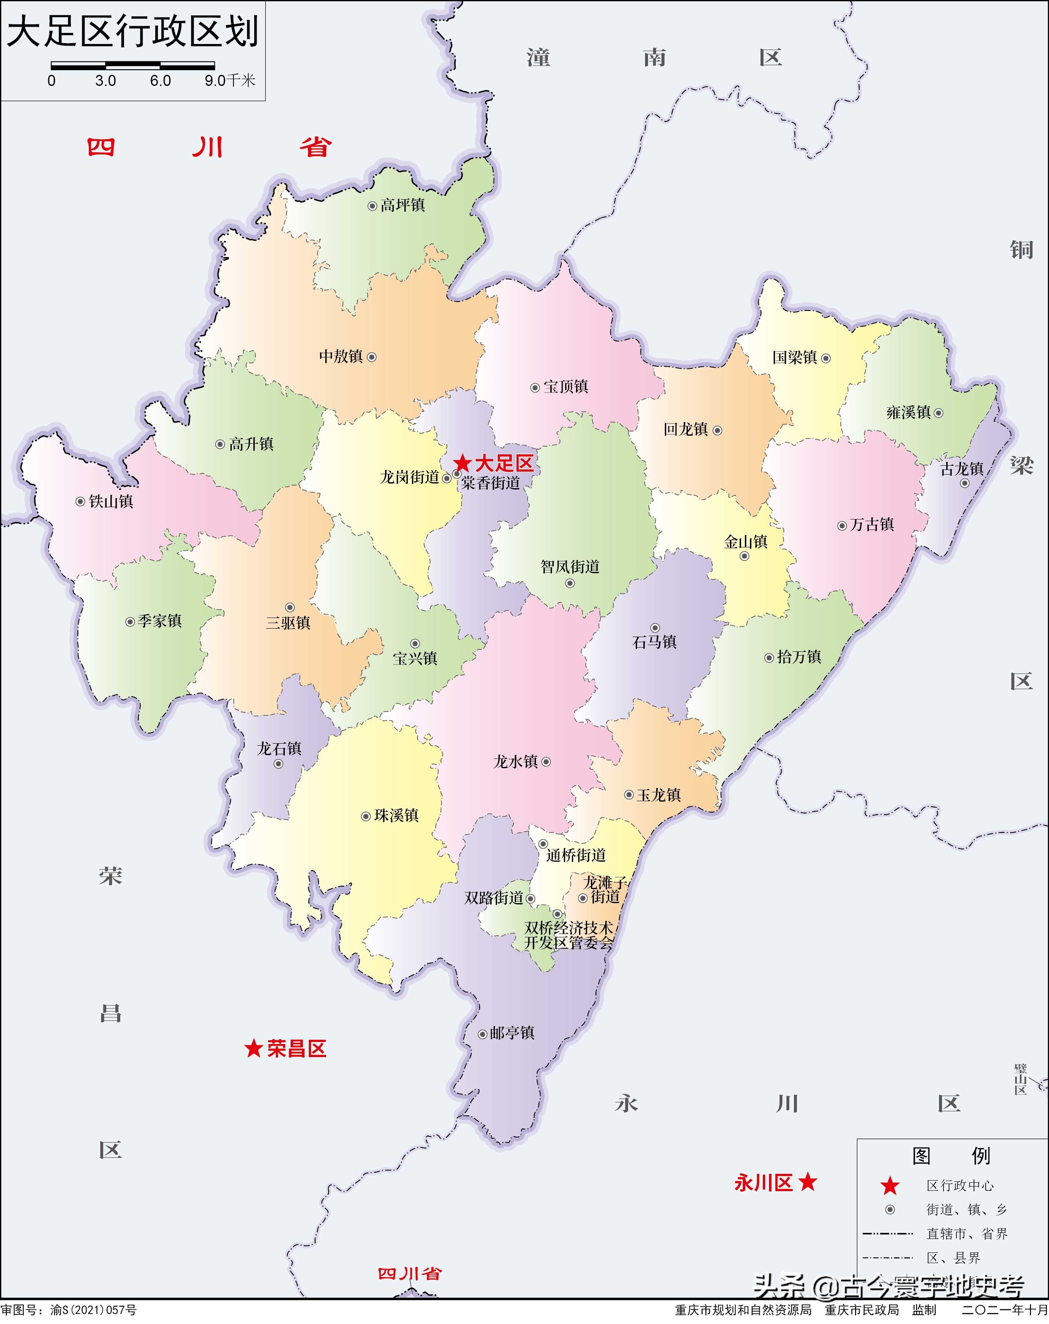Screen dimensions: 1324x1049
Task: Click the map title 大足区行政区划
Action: click(132, 32)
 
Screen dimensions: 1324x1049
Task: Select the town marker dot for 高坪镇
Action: click(372, 206)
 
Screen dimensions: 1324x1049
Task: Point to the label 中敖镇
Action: click(341, 356)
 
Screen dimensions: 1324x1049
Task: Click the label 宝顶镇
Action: click(566, 387)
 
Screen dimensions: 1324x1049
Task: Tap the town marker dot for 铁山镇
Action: click(80, 502)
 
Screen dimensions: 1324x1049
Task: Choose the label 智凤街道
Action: click(570, 566)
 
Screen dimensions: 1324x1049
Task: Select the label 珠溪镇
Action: click(396, 816)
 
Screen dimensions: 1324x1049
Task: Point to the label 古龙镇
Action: click(962, 469)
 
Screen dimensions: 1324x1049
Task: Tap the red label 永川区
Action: click(763, 1183)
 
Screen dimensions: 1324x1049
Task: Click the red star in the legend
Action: click(890, 1186)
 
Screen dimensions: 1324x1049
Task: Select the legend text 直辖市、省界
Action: click(967, 1234)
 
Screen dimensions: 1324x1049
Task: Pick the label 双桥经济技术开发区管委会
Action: click(569, 935)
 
